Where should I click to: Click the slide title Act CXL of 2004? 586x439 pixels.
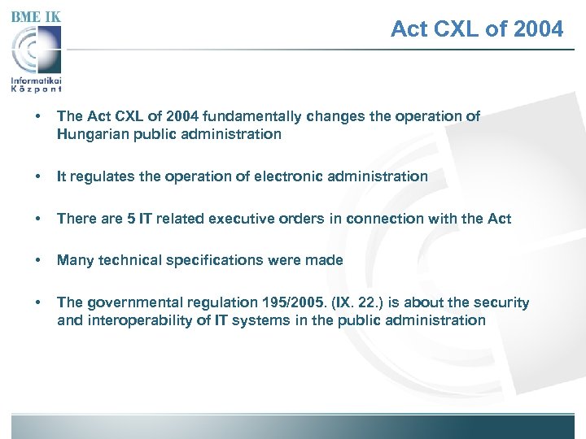(x=476, y=29)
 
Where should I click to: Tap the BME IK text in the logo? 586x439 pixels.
(x=36, y=16)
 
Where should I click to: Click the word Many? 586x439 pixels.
(x=74, y=260)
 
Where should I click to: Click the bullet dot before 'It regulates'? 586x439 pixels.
(x=29, y=176)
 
